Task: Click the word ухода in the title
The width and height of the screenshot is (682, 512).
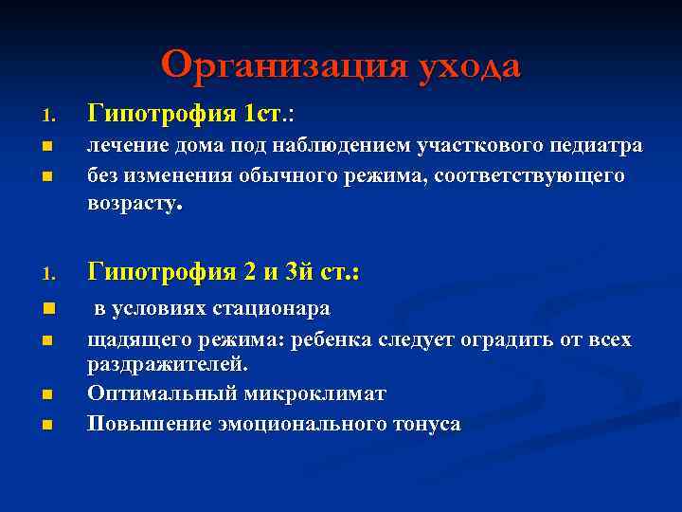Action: (x=465, y=66)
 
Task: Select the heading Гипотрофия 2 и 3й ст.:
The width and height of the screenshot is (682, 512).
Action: (x=224, y=272)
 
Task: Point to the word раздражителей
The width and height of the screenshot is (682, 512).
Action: (x=166, y=365)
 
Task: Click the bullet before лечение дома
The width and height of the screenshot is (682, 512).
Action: (x=45, y=147)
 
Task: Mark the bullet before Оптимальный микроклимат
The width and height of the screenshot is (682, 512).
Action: (x=45, y=393)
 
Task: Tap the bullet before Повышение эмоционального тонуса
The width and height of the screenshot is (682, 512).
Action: (x=45, y=425)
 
